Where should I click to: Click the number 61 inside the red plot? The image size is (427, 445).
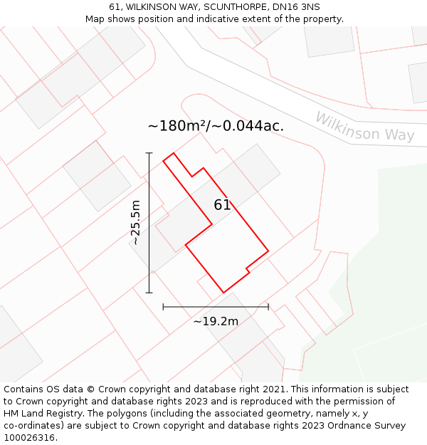click(x=222, y=205)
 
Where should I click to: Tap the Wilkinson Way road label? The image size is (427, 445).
click(x=364, y=127)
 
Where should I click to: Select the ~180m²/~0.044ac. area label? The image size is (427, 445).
click(x=216, y=126)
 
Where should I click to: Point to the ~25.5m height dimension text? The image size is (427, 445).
click(x=135, y=222)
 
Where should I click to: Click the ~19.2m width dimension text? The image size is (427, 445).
click(x=216, y=321)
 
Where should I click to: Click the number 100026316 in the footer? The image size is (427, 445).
click(x=29, y=438)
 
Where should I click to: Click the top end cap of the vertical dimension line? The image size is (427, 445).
click(x=149, y=152)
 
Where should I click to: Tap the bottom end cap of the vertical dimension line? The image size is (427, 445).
click(x=149, y=293)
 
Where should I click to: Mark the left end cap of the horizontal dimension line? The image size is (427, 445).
click(x=163, y=307)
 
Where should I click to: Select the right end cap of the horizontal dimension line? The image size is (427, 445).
click(x=268, y=307)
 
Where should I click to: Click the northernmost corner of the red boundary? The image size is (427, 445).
click(x=173, y=153)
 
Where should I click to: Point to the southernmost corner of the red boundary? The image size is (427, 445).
click(x=224, y=293)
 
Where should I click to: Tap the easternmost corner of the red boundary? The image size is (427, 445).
click(x=268, y=251)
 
